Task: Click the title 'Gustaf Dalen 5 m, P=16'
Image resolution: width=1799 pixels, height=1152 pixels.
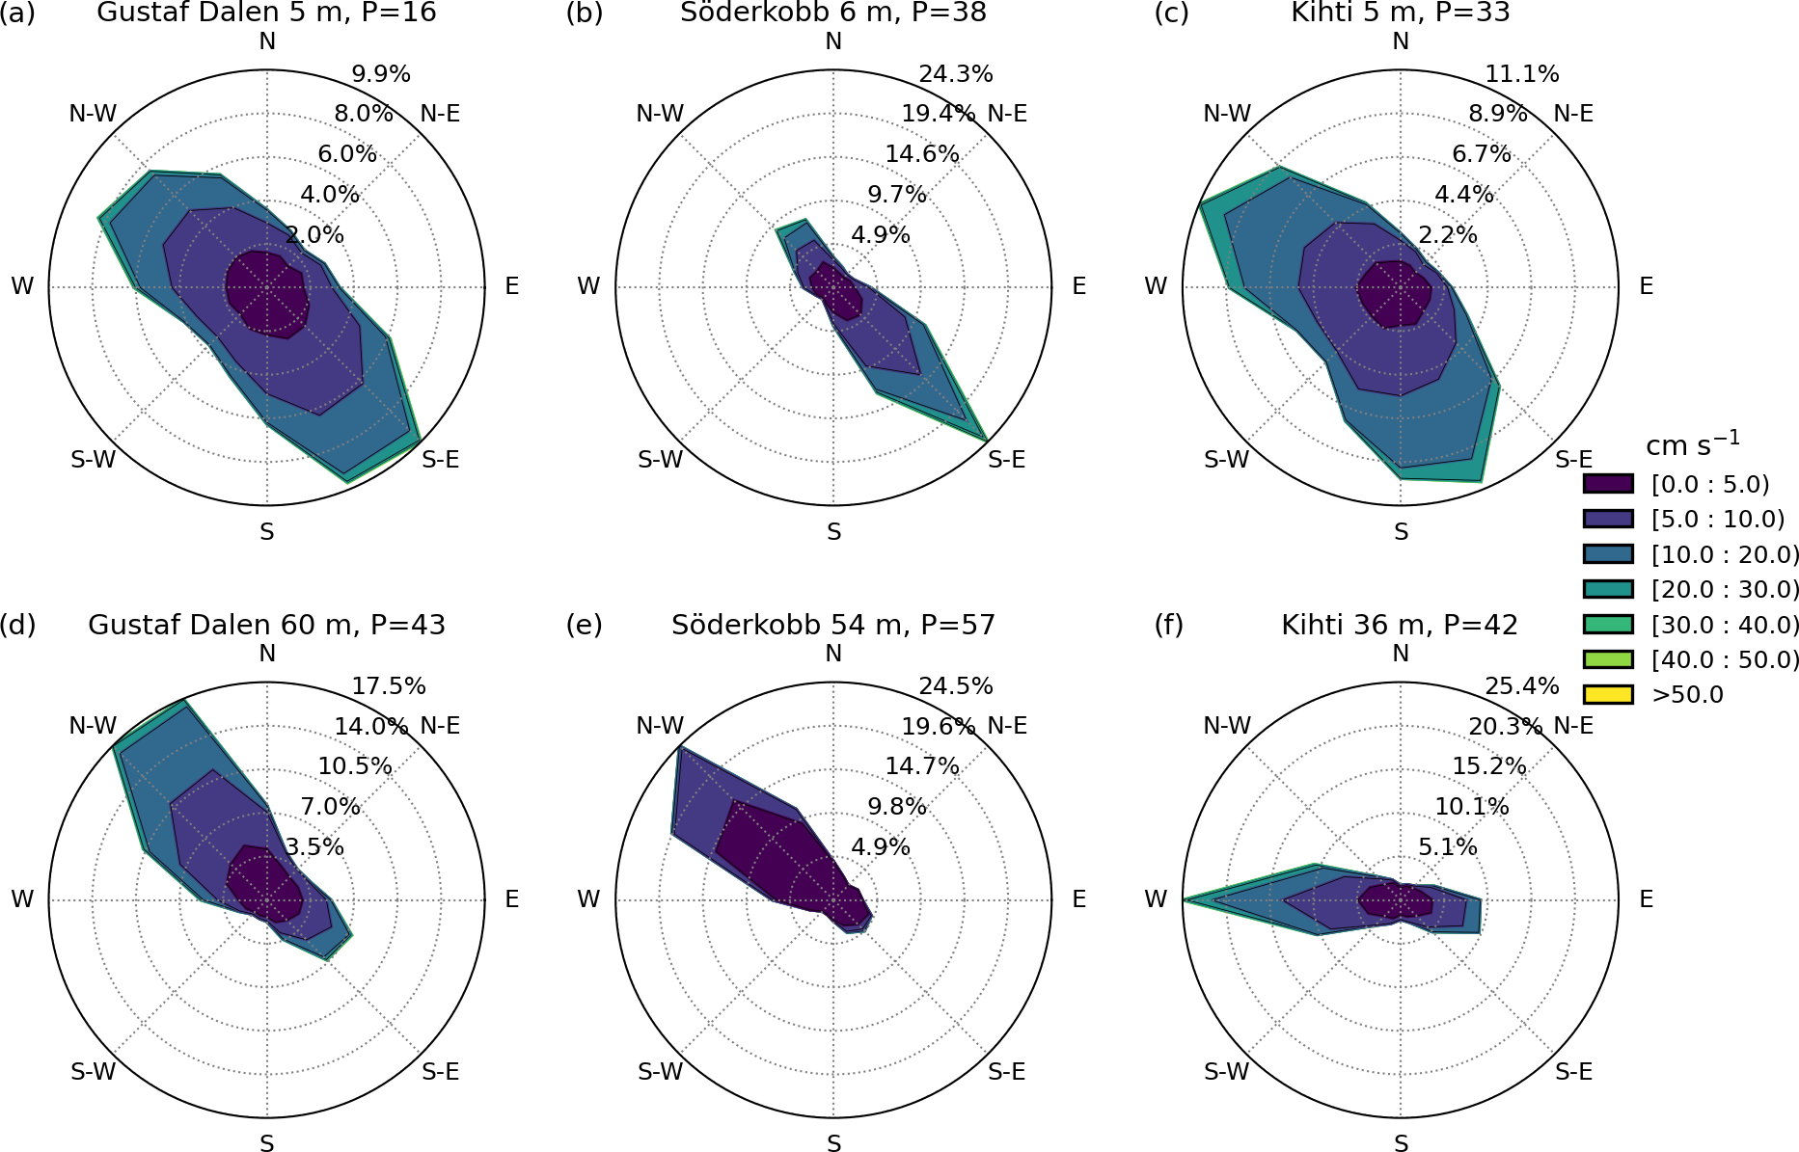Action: pyautogui.click(x=266, y=13)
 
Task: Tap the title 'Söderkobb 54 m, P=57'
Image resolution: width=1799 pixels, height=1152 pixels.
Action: pyautogui.click(x=833, y=625)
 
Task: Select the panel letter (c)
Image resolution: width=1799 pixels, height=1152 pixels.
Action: pyautogui.click(x=1171, y=13)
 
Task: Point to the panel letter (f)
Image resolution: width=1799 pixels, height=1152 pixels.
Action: pyautogui.click(x=1171, y=625)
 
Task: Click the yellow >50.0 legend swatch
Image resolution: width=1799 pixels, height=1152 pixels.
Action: pyautogui.click(x=1608, y=694)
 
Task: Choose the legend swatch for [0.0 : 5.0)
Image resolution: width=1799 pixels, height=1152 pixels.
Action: pyautogui.click(x=1608, y=484)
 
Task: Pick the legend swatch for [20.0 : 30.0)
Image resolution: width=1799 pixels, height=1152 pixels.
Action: pyautogui.click(x=1608, y=589)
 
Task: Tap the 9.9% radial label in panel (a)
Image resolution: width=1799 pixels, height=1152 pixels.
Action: pyautogui.click(x=381, y=74)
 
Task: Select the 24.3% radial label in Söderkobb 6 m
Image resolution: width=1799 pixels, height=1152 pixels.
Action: pyautogui.click(x=956, y=74)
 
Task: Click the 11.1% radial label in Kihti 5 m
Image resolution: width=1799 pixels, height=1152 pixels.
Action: pyautogui.click(x=1522, y=74)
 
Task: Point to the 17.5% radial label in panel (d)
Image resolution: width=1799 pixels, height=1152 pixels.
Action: pyautogui.click(x=389, y=686)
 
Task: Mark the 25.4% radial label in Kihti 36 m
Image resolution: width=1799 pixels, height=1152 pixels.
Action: pyautogui.click(x=1522, y=686)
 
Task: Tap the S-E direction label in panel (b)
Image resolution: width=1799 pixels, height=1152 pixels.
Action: pyautogui.click(x=1007, y=460)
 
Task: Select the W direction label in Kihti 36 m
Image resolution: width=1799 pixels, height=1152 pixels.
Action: pyautogui.click(x=1156, y=899)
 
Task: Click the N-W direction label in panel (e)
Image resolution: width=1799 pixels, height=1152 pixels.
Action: pyautogui.click(x=660, y=726)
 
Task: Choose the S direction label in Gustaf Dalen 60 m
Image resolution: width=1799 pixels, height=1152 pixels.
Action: pyautogui.click(x=267, y=1143)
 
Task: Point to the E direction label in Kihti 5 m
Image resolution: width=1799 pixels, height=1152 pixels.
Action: pyautogui.click(x=1647, y=286)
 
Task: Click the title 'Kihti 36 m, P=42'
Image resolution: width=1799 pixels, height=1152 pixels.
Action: pyautogui.click(x=1400, y=625)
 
